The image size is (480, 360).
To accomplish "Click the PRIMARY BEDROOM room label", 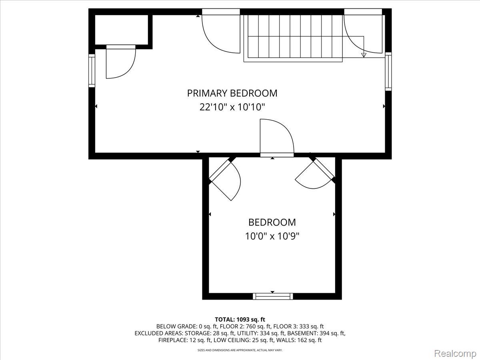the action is click(232, 93).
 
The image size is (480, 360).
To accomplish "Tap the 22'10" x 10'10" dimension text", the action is click(232, 107).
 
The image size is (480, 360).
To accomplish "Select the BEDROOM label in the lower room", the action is click(272, 222).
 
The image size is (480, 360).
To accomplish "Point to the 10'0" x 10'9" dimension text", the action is click(272, 236).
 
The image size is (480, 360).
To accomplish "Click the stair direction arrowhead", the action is click(364, 55).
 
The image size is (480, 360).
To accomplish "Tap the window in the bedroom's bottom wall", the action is click(273, 296).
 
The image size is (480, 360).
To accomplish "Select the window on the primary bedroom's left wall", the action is click(92, 71).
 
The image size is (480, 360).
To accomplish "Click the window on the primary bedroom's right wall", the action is click(388, 71).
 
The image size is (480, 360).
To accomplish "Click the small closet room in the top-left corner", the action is click(121, 30).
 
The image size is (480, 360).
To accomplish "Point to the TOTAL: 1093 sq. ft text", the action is click(240, 320).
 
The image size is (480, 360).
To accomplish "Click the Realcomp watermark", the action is click(455, 353).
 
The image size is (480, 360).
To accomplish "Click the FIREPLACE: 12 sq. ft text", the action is click(185, 340).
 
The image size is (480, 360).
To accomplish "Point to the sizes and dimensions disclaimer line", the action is click(240, 350).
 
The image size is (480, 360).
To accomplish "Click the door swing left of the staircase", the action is click(221, 34).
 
